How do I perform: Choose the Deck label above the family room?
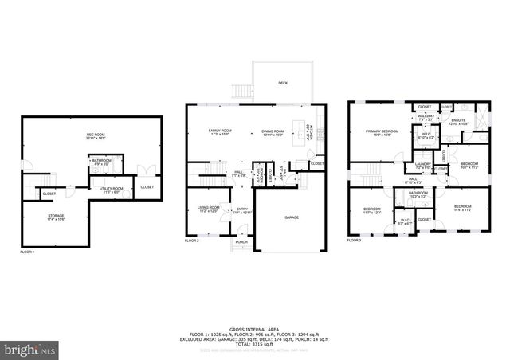tap(283, 83)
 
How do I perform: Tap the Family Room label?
tap(220, 131)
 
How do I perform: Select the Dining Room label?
tap(273, 131)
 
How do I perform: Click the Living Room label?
tap(208, 209)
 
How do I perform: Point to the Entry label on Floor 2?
tap(241, 209)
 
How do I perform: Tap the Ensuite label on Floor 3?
tap(457, 121)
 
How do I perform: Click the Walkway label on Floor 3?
tap(426, 117)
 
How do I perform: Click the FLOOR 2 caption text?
tap(192, 240)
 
